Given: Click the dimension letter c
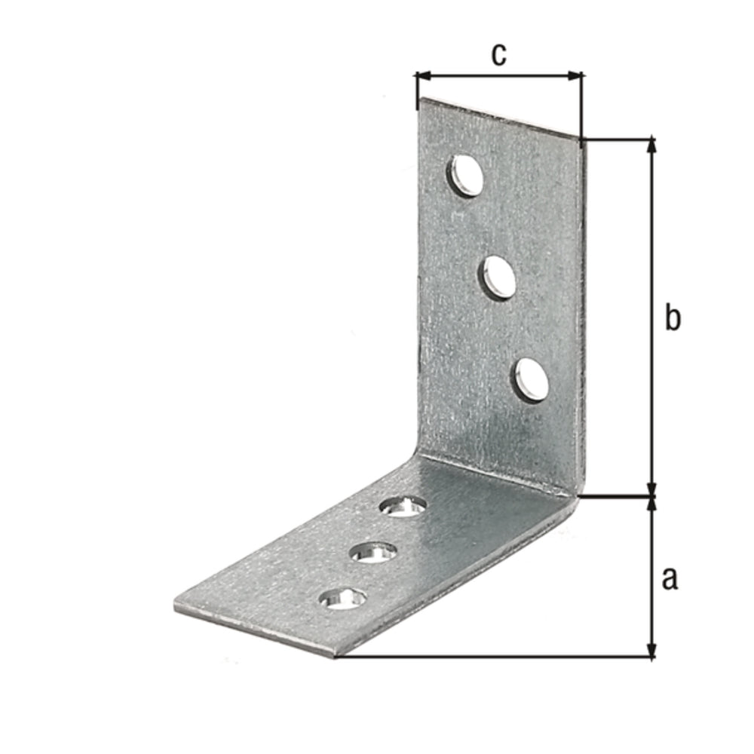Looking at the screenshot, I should [x=498, y=54].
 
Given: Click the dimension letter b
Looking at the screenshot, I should [x=673, y=318].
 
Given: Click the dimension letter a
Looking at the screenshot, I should [x=670, y=579].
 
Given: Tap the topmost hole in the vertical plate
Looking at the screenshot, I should [x=467, y=176].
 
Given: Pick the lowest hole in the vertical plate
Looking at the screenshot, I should [x=531, y=378].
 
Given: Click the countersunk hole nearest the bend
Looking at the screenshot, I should [x=403, y=506].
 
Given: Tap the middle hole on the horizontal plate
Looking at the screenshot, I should [x=374, y=553].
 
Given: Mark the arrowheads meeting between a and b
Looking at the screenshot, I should [x=653, y=496].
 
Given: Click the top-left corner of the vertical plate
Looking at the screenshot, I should [x=419, y=99].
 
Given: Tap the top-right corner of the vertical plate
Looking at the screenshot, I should [x=582, y=139].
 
